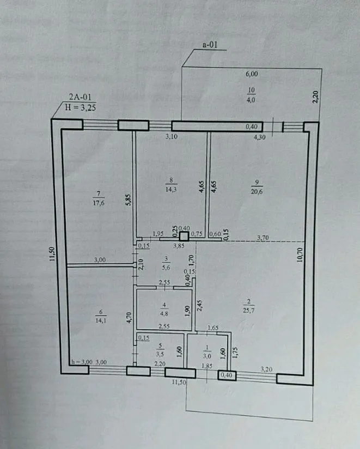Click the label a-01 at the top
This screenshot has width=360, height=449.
pos(210,45)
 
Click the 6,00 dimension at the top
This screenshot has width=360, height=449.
pos(251,74)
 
